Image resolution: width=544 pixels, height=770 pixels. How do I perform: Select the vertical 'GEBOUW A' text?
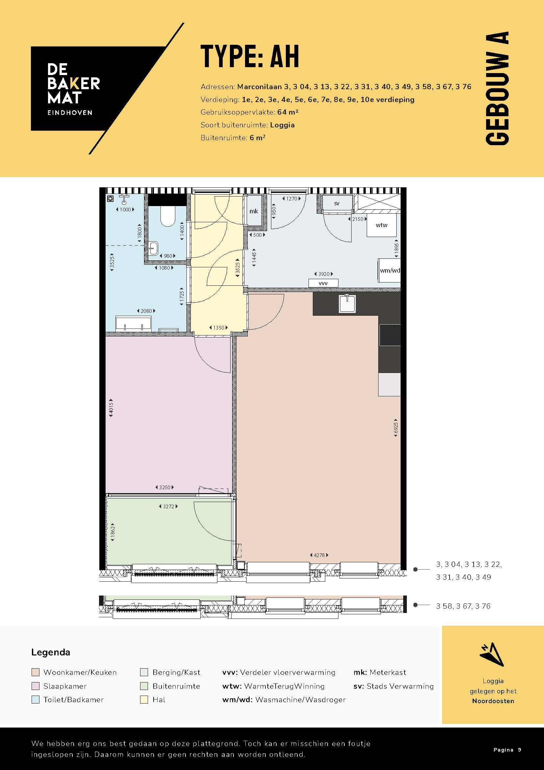[497, 88]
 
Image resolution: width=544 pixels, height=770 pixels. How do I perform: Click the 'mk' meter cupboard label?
[254, 211]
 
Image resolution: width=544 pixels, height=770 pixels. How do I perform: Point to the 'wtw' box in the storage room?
[382, 225]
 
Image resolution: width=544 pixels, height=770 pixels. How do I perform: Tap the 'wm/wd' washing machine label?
[389, 270]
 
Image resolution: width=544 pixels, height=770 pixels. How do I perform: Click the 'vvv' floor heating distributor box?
[323, 283]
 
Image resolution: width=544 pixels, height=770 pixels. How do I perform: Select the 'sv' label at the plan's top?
[337, 203]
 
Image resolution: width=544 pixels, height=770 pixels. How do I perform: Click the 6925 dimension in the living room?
[396, 428]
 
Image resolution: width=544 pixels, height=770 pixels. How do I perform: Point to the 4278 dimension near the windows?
[319, 555]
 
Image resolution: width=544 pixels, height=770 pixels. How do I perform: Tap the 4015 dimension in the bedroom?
[111, 408]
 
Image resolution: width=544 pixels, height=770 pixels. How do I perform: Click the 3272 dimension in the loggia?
[168, 506]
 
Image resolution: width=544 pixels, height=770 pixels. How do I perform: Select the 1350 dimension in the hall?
[218, 328]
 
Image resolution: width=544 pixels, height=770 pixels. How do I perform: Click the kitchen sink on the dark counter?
[347, 303]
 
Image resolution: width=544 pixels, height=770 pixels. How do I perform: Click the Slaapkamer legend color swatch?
[36, 686]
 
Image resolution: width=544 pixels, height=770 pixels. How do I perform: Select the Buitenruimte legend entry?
[176, 686]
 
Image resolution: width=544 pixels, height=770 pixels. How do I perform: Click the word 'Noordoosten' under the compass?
[493, 701]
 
